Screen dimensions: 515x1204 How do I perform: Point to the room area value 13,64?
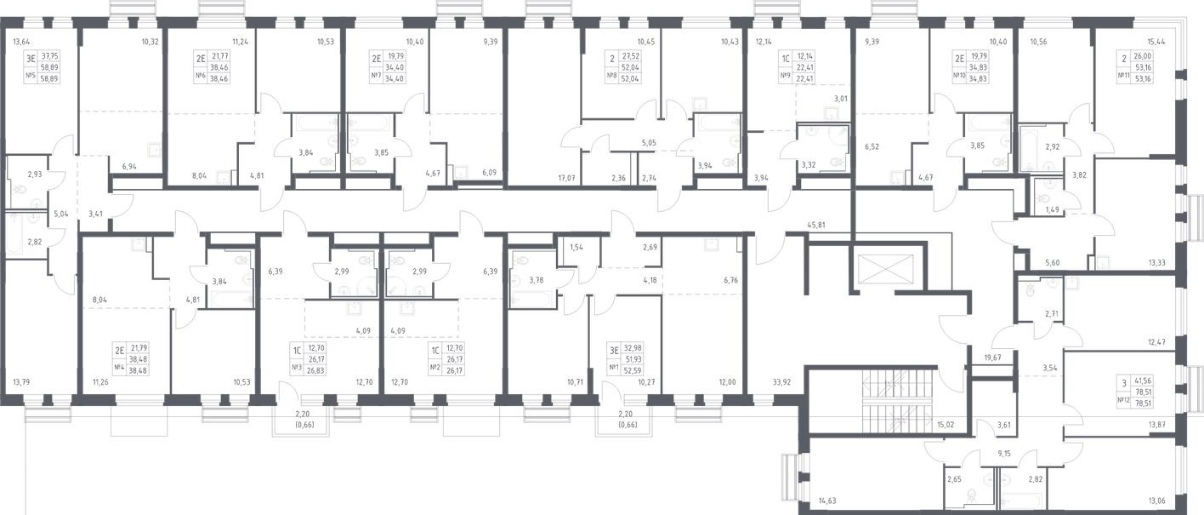(23, 41)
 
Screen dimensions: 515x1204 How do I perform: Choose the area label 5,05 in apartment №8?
(650, 144)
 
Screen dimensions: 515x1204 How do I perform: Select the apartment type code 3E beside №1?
(612, 348)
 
